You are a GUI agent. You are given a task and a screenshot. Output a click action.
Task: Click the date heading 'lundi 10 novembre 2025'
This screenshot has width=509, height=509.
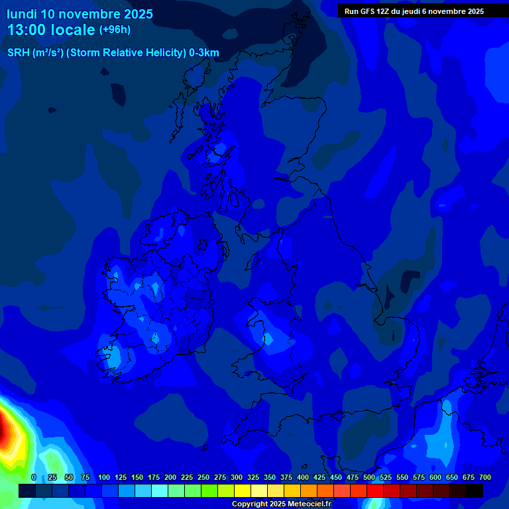click(x=80, y=14)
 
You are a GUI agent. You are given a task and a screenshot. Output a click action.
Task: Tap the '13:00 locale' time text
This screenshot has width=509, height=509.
click(x=51, y=30)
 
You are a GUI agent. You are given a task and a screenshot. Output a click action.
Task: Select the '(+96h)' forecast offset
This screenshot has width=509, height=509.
click(x=115, y=30)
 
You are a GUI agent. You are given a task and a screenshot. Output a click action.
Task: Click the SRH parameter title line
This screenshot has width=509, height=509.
click(x=113, y=53)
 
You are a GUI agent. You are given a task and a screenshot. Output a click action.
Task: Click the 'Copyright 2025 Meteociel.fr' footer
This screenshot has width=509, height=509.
click(x=281, y=504)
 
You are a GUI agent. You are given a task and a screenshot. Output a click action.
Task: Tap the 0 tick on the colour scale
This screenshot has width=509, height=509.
click(x=34, y=477)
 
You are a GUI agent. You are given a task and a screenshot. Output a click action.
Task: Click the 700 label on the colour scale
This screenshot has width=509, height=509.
click(x=485, y=477)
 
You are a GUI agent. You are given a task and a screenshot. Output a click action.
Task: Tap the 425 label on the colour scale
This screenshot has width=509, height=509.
click(x=319, y=477)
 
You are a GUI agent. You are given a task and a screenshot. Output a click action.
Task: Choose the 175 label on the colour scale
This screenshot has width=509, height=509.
click(x=154, y=477)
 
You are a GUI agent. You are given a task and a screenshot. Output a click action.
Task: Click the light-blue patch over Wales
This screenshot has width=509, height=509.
click(x=268, y=337)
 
